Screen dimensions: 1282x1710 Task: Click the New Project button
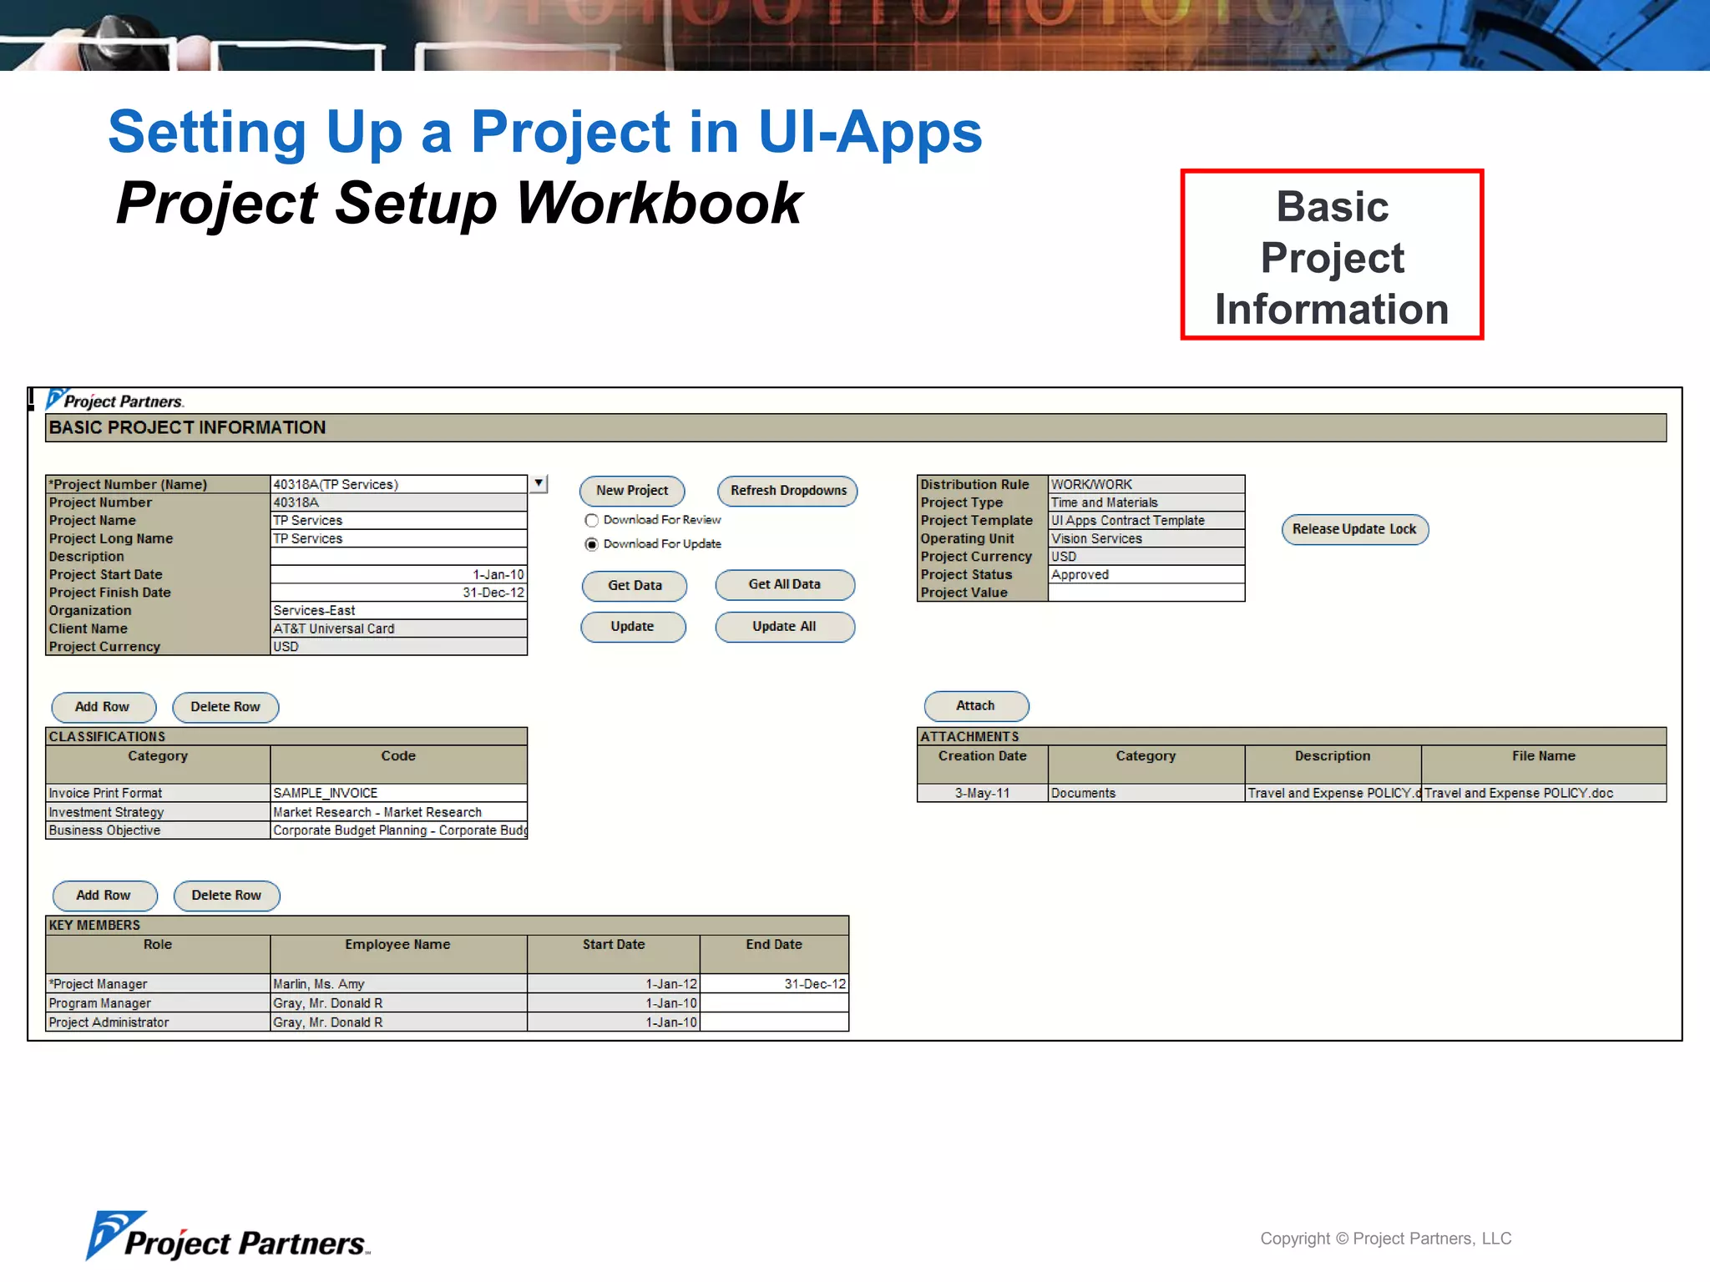pos(632,491)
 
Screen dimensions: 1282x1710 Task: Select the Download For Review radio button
pos(592,520)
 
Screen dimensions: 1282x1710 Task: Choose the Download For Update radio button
pos(592,544)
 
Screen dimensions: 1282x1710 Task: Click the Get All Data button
pos(784,585)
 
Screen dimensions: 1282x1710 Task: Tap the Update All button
pos(784,627)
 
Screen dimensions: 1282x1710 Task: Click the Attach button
pos(975,706)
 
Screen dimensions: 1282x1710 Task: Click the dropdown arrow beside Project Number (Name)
pos(539,483)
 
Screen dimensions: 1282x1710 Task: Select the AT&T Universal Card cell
pos(398,628)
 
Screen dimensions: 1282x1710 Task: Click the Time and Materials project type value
pos(1146,502)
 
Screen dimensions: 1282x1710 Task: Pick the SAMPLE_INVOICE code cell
pos(398,793)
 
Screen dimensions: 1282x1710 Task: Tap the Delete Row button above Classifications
pos(225,707)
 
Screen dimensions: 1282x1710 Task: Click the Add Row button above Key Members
pos(104,896)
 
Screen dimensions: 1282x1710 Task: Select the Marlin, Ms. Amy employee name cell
pos(398,984)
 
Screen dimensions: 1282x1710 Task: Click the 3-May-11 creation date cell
pos(982,793)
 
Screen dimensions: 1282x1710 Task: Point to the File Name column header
pos(1543,756)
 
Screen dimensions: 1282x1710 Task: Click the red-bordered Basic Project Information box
pos(1332,255)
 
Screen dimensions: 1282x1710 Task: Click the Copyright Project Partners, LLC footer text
pos(1385,1239)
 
